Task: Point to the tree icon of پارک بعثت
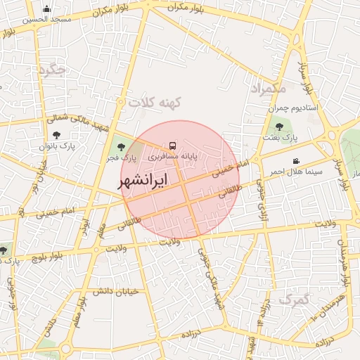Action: (280, 127)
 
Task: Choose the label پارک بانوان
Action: (57, 145)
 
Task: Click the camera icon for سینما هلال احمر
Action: (297, 161)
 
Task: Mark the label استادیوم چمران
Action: (293, 108)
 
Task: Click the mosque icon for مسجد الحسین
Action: (46, 9)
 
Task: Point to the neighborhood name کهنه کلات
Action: (155, 103)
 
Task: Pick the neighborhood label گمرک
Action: (293, 300)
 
